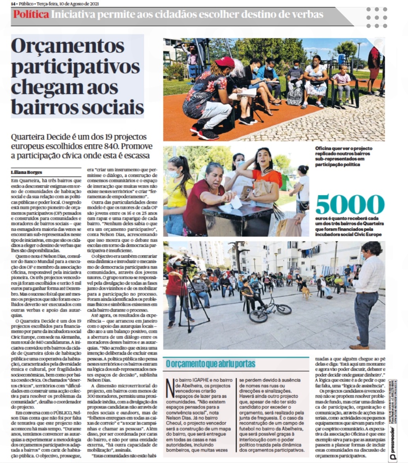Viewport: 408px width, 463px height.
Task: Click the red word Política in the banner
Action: (31, 15)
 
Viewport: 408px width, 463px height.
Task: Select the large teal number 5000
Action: (350, 204)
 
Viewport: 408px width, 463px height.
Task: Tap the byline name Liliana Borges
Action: (27, 173)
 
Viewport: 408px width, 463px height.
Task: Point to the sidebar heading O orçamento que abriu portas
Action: (205, 364)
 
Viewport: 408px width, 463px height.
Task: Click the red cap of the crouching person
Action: (225, 62)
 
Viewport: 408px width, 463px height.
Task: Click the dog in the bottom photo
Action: (305, 293)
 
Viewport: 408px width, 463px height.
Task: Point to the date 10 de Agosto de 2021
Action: (79, 4)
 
